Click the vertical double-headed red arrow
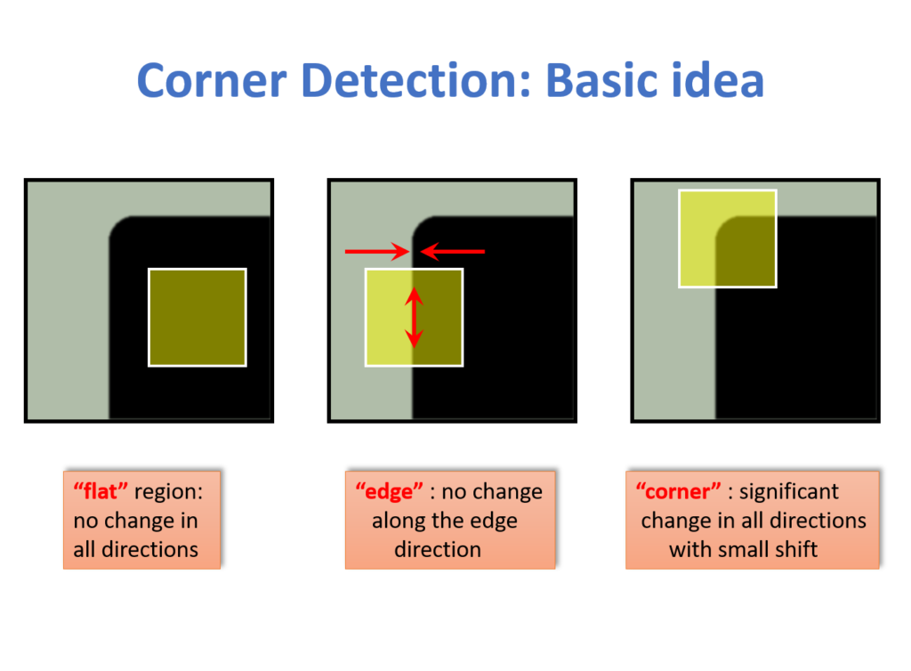pos(415,318)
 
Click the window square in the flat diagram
pos(197,317)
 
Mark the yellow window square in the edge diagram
pos(389,317)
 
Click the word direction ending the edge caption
pos(437,548)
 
